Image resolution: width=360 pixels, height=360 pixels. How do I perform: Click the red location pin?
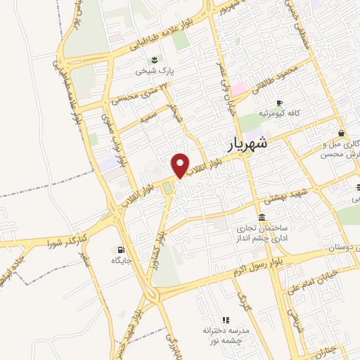(x=181, y=165)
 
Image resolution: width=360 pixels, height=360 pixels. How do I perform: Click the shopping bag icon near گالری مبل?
(x=341, y=133)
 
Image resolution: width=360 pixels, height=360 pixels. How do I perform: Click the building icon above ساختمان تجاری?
(x=262, y=217)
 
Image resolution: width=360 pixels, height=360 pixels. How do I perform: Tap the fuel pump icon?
(x=122, y=250)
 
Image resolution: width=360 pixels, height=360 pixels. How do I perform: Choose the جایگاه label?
(x=122, y=261)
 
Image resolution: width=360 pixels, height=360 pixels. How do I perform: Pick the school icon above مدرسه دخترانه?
(x=226, y=320)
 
